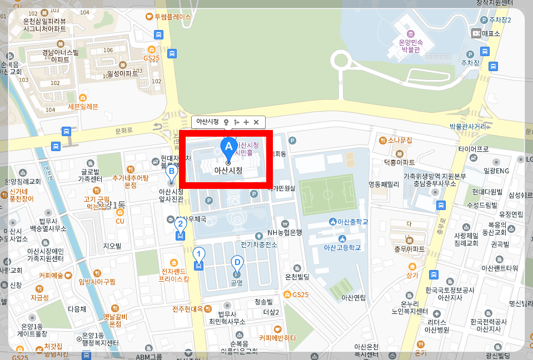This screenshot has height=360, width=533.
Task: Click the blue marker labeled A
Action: point(227,146)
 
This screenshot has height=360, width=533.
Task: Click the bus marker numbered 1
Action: point(198,255)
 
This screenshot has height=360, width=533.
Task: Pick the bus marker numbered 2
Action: point(180,226)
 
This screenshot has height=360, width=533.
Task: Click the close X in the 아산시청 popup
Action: point(256,122)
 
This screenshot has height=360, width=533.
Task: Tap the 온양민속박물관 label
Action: point(411,45)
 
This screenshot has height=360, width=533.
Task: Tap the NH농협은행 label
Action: point(285,232)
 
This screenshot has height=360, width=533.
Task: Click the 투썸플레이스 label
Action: point(172,17)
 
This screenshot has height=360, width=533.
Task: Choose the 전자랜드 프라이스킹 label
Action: point(174,275)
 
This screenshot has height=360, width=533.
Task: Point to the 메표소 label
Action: point(491,33)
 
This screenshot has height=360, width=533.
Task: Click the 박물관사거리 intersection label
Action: point(468,127)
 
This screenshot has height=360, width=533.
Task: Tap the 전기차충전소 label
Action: point(259,244)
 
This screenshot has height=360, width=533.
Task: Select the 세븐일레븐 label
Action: point(83,106)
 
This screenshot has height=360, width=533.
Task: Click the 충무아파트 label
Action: point(409,249)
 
